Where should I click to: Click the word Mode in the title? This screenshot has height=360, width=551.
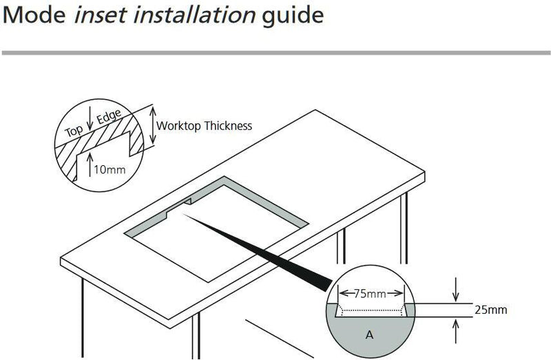[x=32, y=15]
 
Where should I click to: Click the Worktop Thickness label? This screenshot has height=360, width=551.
[x=205, y=126]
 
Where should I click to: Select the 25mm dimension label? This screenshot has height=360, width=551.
[x=490, y=310]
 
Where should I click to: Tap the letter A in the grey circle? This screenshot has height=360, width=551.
[x=368, y=336]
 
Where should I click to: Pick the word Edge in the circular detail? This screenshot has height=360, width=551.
[x=107, y=118]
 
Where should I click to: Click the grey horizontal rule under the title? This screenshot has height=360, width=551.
[x=275, y=52]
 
